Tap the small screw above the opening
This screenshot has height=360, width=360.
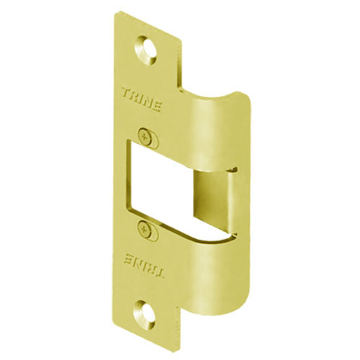tap(148, 133)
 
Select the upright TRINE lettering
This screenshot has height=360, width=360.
tap(143, 97)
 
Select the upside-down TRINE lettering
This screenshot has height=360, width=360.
tap(143, 265)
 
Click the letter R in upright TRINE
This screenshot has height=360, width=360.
tap(135, 95)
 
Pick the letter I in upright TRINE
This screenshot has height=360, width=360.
tap(143, 97)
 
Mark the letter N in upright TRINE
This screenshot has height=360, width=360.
tap(150, 99)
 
